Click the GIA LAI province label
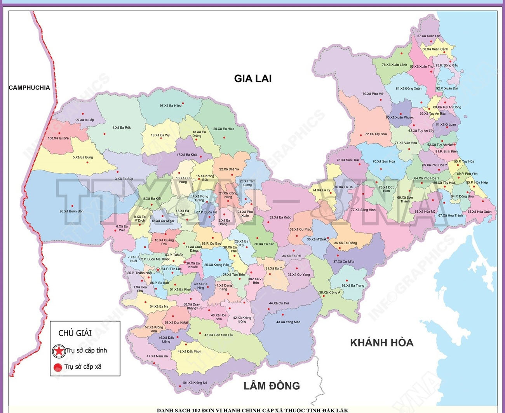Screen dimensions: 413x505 pyautogui.click(x=252, y=79)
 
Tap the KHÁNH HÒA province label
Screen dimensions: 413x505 pyautogui.click(x=381, y=343)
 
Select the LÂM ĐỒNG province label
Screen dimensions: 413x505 pyautogui.click(x=272, y=386)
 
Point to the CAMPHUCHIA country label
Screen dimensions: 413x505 pyautogui.click(x=30, y=88)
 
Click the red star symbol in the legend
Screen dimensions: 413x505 pyautogui.click(x=59, y=351)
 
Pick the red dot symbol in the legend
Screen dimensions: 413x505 pyautogui.click(x=58, y=367)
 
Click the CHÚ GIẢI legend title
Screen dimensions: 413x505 pyautogui.click(x=75, y=333)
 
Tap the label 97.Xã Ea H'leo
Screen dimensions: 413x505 pyautogui.click(x=171, y=105)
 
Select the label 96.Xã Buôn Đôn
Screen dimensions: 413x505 pyautogui.click(x=71, y=211)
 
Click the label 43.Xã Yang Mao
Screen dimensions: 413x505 pyautogui.click(x=288, y=322)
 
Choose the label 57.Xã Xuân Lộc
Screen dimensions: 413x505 pyautogui.click(x=429, y=36)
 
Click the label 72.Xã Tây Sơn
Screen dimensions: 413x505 pyautogui.click(x=376, y=134)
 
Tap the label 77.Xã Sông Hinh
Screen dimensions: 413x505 pyautogui.click(x=363, y=210)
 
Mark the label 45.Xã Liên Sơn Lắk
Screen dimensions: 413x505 pyautogui.click(x=219, y=335)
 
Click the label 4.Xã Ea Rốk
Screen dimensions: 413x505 pyautogui.click(x=121, y=128)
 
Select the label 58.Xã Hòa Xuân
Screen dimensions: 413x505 pyautogui.click(x=479, y=212)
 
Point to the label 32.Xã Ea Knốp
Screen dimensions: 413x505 pyautogui.click(x=280, y=217)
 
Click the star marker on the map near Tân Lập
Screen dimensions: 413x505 pyautogui.click(x=158, y=270)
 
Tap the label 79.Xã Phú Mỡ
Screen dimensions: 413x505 pyautogui.click(x=373, y=94)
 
